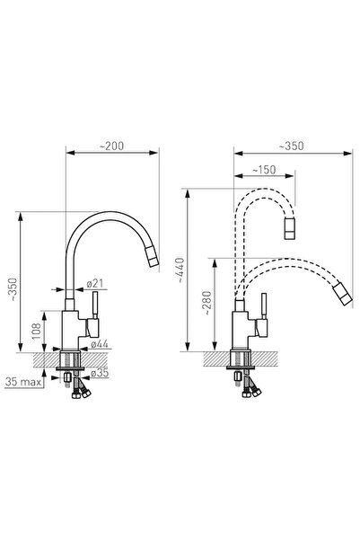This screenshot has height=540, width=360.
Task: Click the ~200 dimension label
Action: click(x=111, y=146)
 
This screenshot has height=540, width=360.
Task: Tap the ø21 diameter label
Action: click(x=94, y=283)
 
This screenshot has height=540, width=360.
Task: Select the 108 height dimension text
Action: click(x=37, y=332)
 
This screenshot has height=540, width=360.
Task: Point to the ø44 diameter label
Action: click(x=100, y=344)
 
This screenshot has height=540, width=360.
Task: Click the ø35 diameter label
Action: click(x=100, y=372)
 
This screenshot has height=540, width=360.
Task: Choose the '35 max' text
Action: click(x=23, y=382)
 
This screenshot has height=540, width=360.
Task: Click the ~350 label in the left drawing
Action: click(x=13, y=289)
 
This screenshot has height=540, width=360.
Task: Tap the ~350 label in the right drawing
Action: click(x=291, y=146)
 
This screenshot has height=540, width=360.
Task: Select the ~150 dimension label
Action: click(x=264, y=170)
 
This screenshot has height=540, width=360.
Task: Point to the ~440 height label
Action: click(x=181, y=270)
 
